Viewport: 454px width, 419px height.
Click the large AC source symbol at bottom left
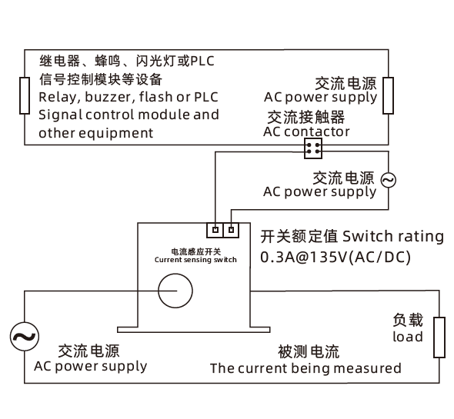click(25, 337)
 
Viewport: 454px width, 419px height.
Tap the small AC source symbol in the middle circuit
click(388, 180)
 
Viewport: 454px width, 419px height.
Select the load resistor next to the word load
click(439, 338)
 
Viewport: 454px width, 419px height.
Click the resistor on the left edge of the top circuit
click(25, 95)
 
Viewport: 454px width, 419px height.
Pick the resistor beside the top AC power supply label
click(388, 95)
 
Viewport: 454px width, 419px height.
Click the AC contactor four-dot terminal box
click(313, 148)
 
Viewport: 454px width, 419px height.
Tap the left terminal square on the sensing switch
click(215, 230)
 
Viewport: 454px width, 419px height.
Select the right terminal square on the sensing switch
click(231, 230)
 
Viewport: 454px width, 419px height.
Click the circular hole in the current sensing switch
click(175, 274)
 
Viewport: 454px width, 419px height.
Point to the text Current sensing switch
click(195, 260)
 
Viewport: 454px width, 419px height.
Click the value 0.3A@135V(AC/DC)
click(335, 258)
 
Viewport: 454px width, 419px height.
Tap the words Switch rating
click(393, 237)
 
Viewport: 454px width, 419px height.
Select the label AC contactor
click(306, 132)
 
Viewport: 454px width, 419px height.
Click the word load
click(408, 337)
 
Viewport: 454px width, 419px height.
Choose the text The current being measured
click(305, 368)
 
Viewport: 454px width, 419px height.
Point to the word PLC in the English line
click(206, 97)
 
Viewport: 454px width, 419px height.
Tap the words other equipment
click(96, 134)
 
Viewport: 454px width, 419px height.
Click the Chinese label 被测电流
click(309, 351)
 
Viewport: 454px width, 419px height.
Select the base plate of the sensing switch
click(194, 330)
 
